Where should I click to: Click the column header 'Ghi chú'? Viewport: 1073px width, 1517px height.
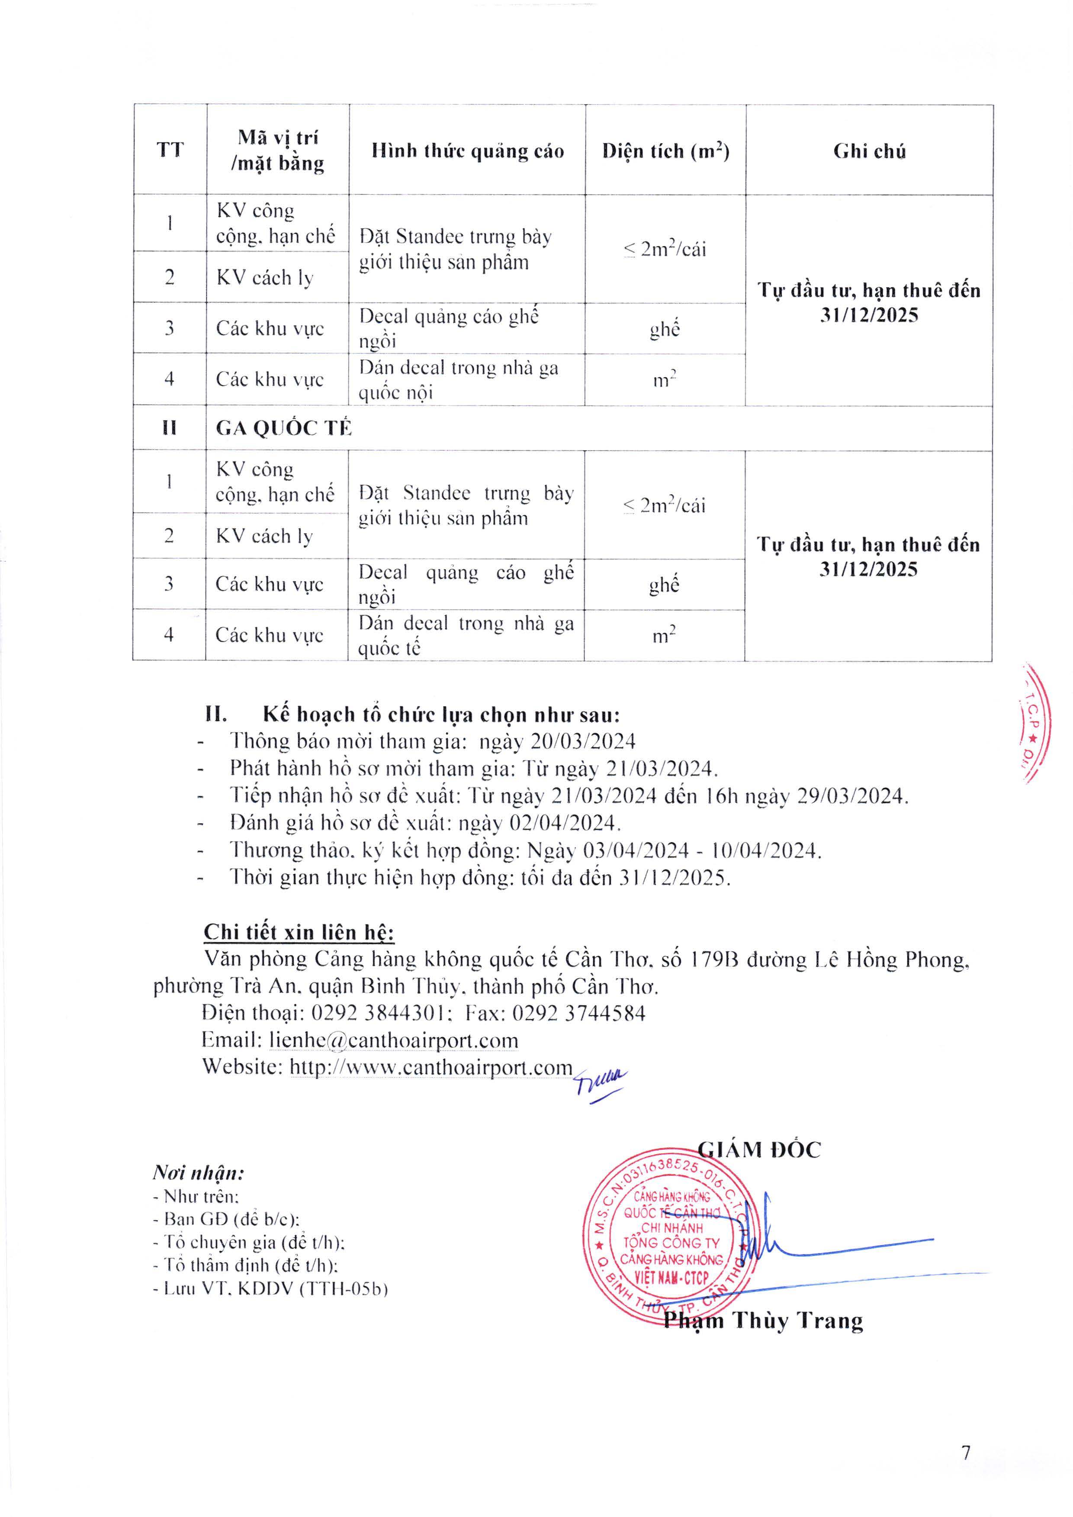pos(869,151)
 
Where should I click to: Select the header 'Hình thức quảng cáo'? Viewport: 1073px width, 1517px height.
pos(467,151)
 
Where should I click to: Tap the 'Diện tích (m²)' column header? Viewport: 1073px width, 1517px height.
pos(665,151)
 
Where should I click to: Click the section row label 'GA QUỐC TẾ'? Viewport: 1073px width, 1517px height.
pos(283,428)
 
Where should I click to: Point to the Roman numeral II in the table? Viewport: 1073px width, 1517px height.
pos(169,428)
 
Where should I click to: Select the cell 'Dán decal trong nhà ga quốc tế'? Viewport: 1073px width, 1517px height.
pos(466,635)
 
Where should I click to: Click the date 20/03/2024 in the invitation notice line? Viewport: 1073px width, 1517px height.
pos(583,741)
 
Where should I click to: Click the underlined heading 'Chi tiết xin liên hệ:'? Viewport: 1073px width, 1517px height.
pos(299,932)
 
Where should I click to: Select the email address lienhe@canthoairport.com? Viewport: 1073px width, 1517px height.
pos(393,1041)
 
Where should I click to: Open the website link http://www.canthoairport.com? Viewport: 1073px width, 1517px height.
pos(431,1067)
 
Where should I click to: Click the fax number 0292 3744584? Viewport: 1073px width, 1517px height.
pos(579,1013)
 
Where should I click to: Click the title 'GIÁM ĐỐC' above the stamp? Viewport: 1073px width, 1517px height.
pos(759,1150)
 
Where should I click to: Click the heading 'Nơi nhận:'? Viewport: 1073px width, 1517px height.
pos(198,1173)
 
